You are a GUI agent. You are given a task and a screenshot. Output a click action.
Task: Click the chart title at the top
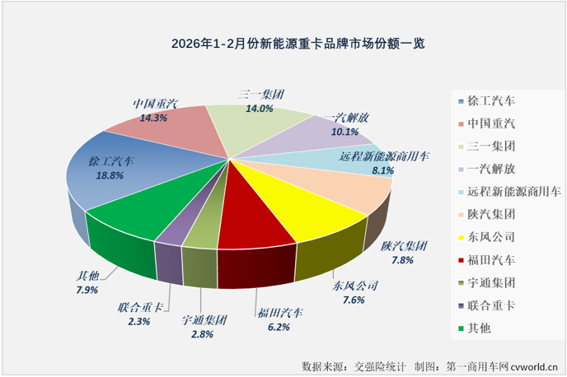click(x=283, y=42)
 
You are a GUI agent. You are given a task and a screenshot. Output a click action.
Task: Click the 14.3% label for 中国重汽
click(x=153, y=119)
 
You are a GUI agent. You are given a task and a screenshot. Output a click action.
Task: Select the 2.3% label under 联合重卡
click(x=139, y=323)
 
